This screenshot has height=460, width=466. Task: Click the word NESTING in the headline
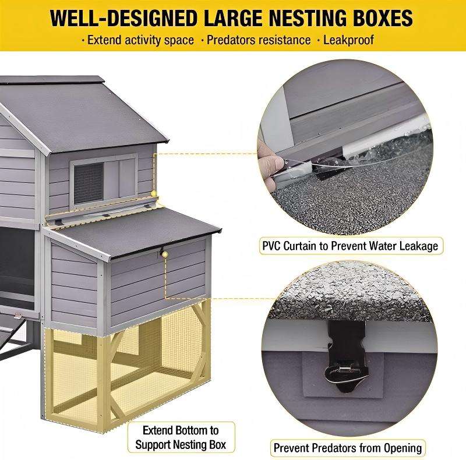click(308, 19)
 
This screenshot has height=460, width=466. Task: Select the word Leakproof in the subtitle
click(348, 40)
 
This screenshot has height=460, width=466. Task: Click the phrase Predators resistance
click(259, 40)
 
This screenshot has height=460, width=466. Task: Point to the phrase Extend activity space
click(140, 40)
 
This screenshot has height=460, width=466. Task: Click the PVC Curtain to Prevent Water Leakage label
click(351, 246)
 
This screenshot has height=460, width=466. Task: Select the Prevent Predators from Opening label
click(348, 448)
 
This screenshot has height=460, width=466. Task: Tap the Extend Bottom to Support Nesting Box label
click(181, 437)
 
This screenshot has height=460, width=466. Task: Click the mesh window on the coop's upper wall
click(89, 182)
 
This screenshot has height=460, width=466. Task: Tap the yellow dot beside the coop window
click(154, 193)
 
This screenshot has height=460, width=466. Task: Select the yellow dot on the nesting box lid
click(165, 254)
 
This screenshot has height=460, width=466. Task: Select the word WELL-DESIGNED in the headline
click(123, 19)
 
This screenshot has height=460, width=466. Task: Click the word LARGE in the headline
click(233, 19)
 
